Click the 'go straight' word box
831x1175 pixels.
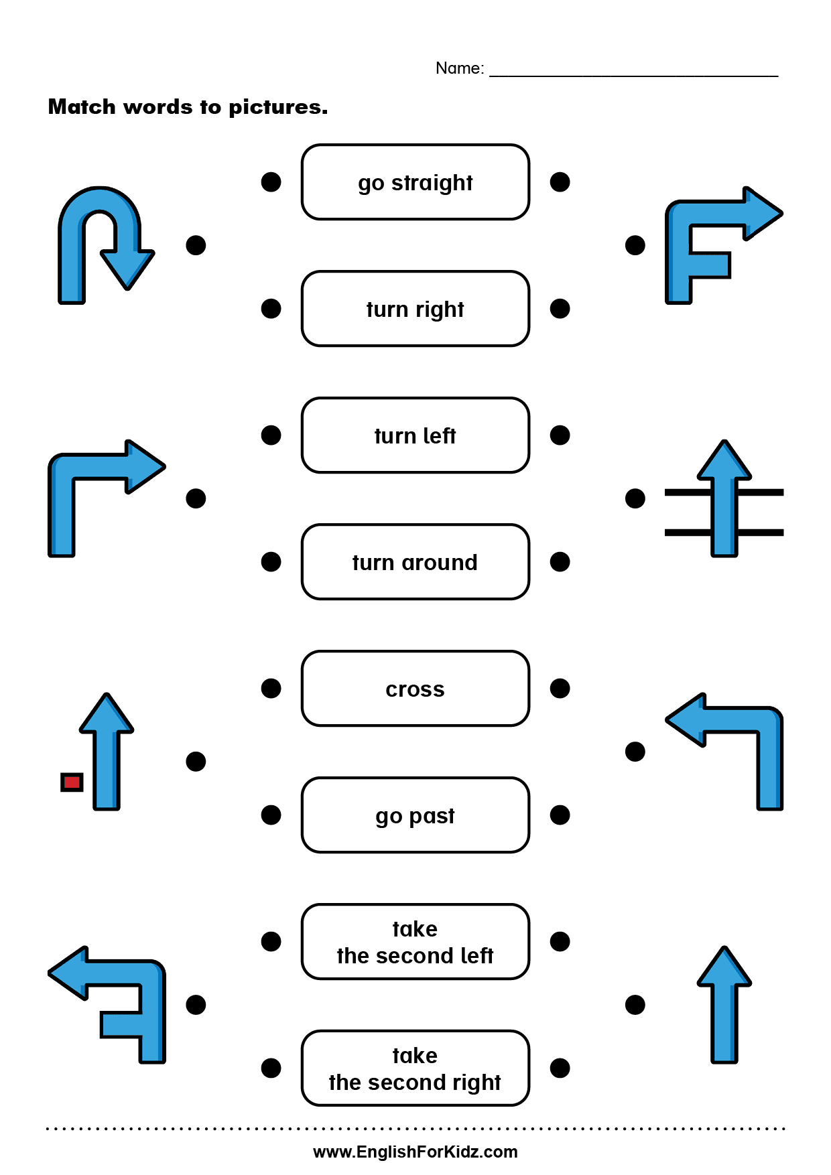(415, 182)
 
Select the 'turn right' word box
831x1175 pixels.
(415, 309)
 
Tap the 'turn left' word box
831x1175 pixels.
(415, 435)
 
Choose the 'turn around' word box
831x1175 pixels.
(415, 562)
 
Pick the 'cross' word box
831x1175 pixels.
(415, 689)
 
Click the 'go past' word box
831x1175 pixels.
(415, 815)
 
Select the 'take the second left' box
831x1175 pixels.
(415, 942)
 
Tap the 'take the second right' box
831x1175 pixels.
(415, 1068)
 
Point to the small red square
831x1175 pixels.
(72, 782)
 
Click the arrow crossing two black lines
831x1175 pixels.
(724, 499)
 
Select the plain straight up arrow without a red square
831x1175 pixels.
(724, 1005)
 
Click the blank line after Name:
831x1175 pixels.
(633, 70)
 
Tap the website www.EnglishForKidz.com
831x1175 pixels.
(415, 1152)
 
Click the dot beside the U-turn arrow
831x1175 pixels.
(196, 245)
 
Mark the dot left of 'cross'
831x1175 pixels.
(271, 689)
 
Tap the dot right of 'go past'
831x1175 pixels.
(560, 815)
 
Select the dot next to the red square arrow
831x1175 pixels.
(196, 762)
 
